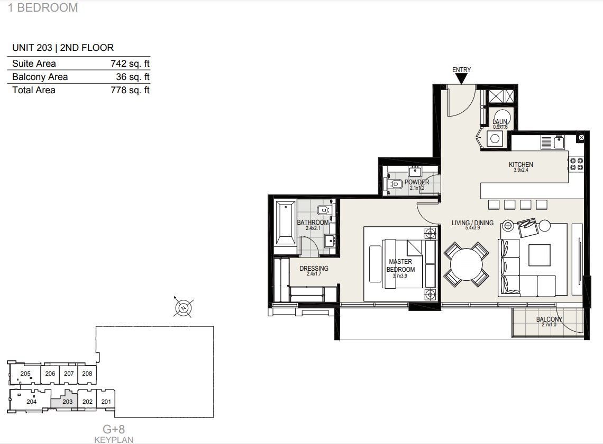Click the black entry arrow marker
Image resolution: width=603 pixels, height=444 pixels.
tap(461, 78)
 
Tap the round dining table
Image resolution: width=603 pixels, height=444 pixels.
tap(466, 264)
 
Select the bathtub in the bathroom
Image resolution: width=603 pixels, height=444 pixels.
tap(286, 223)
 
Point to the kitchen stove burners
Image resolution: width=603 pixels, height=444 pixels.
tap(576, 164)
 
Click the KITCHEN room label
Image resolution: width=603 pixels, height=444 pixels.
tap(520, 164)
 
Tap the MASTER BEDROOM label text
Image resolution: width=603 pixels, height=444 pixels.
tap(400, 265)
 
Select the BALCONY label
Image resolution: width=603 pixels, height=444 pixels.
tap(549, 319)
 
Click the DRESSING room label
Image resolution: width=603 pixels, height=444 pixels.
tap(314, 269)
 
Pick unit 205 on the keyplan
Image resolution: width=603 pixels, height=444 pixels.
tap(25, 374)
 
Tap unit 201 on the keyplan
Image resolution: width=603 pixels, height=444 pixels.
tap(106, 402)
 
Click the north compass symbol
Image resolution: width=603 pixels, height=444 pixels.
tap(184, 308)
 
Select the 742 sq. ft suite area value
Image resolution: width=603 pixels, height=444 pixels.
tap(130, 64)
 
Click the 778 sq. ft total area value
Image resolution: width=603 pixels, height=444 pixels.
tap(130, 90)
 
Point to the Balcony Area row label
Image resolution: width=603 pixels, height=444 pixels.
tap(40, 77)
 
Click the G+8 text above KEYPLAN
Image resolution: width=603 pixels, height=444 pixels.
tap(113, 429)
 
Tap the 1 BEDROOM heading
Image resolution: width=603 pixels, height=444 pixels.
tap(43, 8)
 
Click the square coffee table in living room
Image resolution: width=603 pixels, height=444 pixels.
tap(539, 255)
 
